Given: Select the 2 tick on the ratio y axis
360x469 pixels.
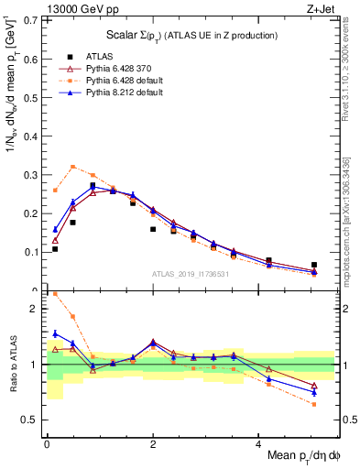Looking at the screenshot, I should [37, 309].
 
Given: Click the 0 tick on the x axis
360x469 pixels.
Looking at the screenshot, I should [47, 444].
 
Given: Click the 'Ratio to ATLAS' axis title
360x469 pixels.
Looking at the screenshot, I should [13, 365].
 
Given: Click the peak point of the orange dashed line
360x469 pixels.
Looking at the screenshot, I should [73, 167].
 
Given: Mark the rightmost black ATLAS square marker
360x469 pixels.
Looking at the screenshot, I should [314, 265].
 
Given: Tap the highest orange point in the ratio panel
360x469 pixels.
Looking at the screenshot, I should [55, 294].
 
